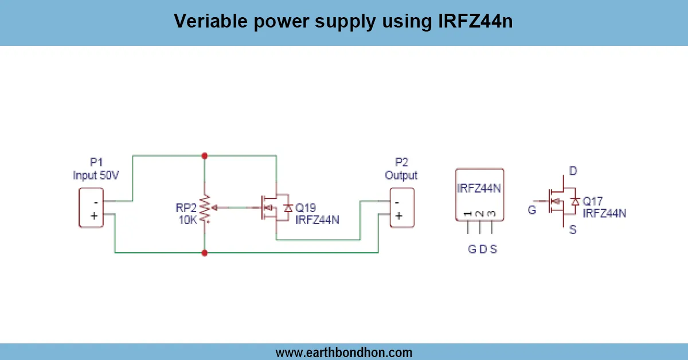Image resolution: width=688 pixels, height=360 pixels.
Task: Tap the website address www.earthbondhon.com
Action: (x=343, y=352)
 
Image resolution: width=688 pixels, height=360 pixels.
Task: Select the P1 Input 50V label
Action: (x=96, y=170)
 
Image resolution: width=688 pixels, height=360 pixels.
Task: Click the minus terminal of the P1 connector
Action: (x=95, y=202)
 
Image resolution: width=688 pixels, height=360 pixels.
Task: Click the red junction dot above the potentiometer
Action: (x=205, y=155)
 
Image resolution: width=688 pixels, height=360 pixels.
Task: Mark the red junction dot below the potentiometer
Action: (x=205, y=252)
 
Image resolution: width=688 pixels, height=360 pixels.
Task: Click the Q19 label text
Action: (x=306, y=208)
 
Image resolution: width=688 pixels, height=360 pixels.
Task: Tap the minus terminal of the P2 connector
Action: (x=397, y=202)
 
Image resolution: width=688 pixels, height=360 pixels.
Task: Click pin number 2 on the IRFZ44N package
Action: (x=479, y=214)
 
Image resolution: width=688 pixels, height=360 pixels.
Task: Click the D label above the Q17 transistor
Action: (x=572, y=171)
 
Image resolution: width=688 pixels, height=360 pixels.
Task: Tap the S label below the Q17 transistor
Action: (x=573, y=230)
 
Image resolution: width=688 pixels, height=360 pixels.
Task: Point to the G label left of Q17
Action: (x=532, y=210)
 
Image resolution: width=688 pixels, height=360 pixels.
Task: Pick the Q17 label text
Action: (x=593, y=202)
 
